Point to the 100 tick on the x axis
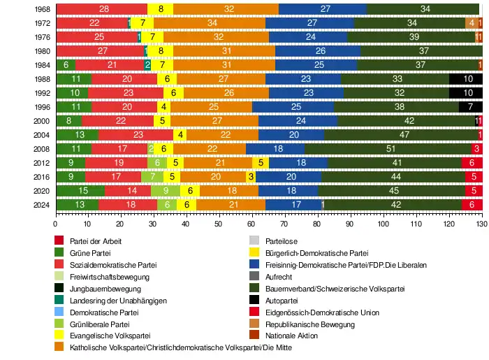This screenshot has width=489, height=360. point(383,224)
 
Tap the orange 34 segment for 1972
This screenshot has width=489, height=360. point(210,23)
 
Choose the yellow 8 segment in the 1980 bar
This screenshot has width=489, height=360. point(161,51)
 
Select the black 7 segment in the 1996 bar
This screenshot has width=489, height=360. point(470,107)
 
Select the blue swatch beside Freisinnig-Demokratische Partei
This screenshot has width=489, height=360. point(255,266)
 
